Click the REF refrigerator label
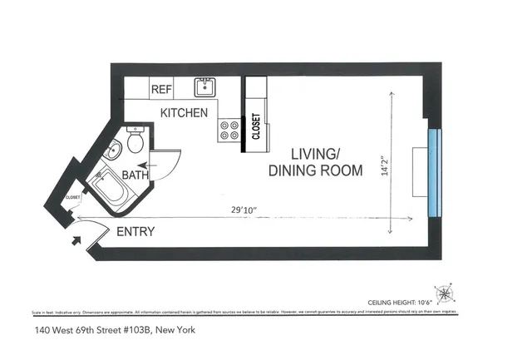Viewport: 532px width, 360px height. [x=160, y=88]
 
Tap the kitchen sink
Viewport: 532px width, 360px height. [x=204, y=87]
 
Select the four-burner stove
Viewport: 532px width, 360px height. [x=229, y=129]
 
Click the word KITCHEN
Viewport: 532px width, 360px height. [x=184, y=112]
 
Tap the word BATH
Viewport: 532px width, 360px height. [x=135, y=175]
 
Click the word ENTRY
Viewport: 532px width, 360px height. [x=135, y=232]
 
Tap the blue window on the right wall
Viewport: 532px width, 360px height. [x=432, y=171]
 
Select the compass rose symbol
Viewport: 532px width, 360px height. [x=446, y=293]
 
